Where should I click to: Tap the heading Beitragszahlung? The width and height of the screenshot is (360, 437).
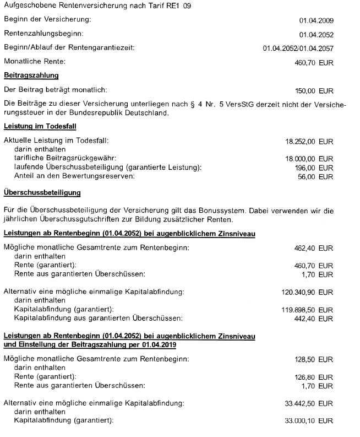(x=31, y=74)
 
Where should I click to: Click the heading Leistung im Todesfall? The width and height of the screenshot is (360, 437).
(x=37, y=126)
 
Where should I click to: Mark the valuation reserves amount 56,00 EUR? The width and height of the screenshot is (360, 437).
(x=317, y=176)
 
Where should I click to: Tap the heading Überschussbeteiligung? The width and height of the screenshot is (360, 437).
(x=42, y=193)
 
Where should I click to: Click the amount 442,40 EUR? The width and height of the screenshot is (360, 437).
(x=314, y=318)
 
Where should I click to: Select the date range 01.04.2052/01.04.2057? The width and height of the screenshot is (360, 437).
(x=298, y=48)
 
